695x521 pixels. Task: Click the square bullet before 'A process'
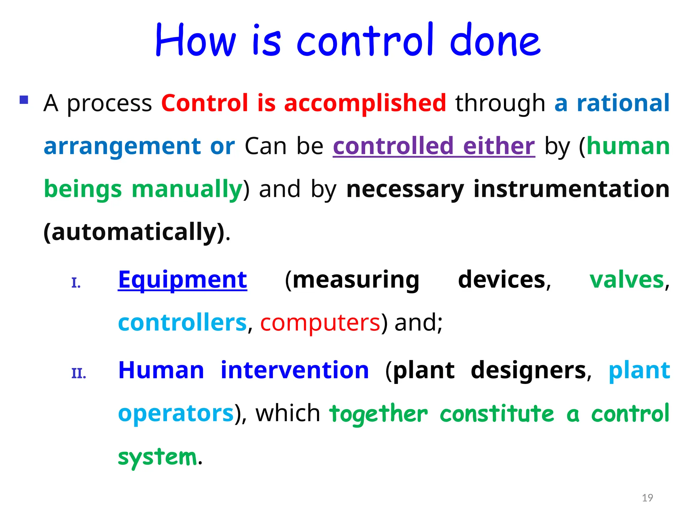[x=24, y=100]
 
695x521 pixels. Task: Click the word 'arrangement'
[x=123, y=147]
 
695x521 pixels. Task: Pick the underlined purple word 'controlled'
[x=393, y=146]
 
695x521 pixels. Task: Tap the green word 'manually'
[x=187, y=189]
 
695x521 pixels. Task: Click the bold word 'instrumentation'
[x=571, y=189]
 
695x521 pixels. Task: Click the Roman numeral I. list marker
[x=76, y=283]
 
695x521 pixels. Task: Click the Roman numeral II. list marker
[x=79, y=373]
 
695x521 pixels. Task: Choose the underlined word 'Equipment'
[x=182, y=280]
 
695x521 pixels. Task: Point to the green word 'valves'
[x=626, y=280]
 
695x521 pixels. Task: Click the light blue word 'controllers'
[x=182, y=323]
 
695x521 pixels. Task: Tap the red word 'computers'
[x=320, y=323]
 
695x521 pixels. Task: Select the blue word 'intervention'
[x=295, y=370]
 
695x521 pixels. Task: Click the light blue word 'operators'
[x=176, y=413]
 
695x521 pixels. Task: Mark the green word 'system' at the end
[x=157, y=457]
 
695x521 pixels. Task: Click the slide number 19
[x=647, y=498]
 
